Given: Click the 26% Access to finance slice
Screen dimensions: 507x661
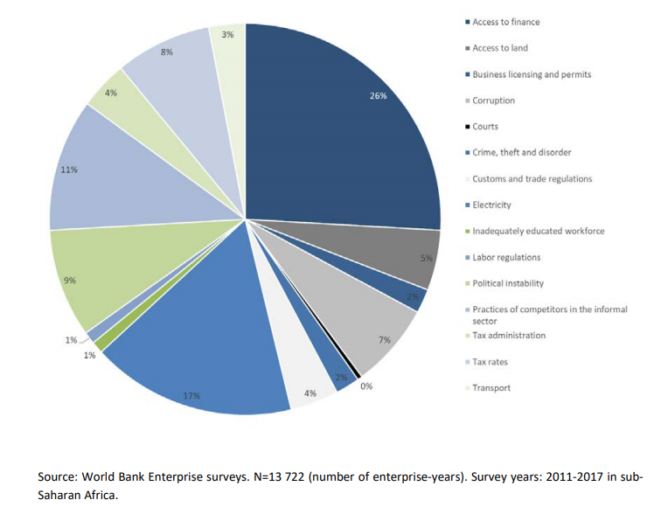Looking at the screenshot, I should [350, 131].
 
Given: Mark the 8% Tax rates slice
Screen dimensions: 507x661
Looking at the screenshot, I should [175, 70].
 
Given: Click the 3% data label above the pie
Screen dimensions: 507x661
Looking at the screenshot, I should [227, 35].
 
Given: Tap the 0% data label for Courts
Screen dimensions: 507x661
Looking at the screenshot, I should [366, 385].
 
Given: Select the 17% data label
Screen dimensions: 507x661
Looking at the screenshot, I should [191, 396].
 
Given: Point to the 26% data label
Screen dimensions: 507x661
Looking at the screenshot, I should [379, 95].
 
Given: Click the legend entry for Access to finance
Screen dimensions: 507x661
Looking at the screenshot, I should [506, 22].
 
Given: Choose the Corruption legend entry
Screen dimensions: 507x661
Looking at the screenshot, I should [493, 101].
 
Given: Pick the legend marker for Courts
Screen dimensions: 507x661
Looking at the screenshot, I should [468, 127].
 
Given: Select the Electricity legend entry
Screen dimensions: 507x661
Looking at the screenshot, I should [491, 205].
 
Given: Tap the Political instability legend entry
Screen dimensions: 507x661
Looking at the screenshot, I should [508, 283].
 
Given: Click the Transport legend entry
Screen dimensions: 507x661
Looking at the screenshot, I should [491, 388].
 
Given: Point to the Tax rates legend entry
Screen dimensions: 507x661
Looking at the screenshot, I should [490, 362].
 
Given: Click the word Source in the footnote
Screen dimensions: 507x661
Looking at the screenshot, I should [58, 477].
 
